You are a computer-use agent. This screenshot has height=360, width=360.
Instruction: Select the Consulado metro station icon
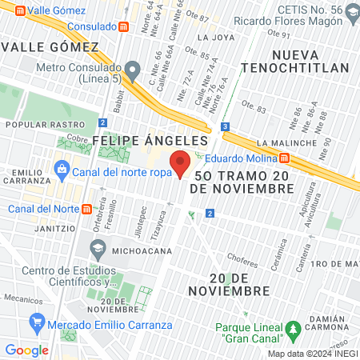124,25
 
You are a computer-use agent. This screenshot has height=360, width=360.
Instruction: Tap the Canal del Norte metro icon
86,210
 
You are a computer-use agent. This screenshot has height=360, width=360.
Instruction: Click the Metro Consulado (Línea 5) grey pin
133,70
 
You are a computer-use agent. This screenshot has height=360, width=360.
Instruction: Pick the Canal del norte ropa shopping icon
62,169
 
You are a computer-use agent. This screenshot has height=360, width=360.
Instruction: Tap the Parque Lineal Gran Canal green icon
294,329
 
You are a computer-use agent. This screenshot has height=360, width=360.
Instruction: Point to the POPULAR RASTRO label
45,125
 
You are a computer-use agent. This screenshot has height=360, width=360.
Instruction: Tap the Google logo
26,350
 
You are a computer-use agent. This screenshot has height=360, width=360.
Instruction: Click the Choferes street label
242,258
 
